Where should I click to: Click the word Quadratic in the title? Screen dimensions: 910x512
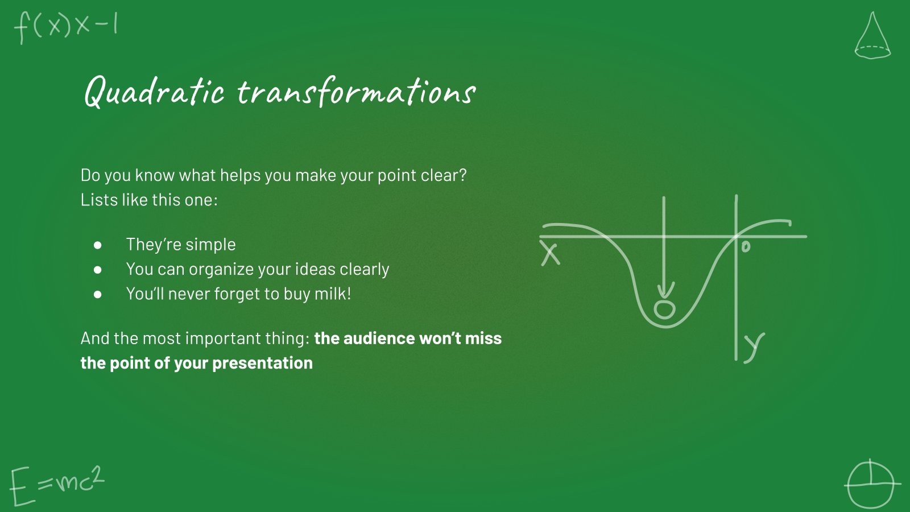154,92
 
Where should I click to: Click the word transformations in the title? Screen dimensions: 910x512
356,92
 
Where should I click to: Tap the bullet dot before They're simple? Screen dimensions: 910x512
97,245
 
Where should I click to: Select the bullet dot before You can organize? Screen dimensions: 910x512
97,270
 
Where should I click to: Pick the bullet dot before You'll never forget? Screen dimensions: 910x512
97,294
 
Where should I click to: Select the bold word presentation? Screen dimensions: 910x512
262,364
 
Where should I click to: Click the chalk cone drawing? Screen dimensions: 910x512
872,36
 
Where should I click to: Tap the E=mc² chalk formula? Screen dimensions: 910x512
57,486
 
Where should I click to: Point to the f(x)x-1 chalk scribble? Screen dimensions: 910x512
66,27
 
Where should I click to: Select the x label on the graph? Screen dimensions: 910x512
551,253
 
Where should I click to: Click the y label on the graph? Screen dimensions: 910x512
754,348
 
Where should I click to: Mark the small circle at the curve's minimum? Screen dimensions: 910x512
664,309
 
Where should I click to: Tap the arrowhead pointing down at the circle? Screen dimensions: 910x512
664,291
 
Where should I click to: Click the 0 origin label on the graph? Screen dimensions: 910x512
746,247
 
